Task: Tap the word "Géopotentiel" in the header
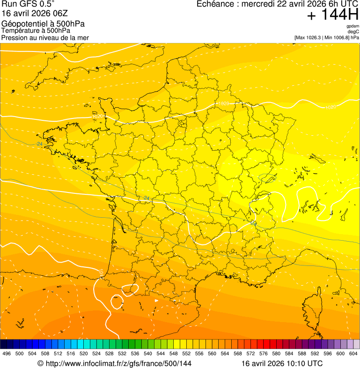[x=23, y=24]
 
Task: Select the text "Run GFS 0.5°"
[x=28, y=5]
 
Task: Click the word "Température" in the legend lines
[x=20, y=31]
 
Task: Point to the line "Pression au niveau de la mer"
[x=45, y=37]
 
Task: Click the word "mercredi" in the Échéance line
[x=259, y=4]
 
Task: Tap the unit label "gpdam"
[x=353, y=26]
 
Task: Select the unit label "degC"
[x=353, y=31]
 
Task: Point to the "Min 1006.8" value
[x=336, y=37]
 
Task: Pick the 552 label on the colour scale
[x=187, y=353]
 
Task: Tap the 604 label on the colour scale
[x=353, y=353]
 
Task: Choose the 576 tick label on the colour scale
[x=264, y=353]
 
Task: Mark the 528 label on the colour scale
[x=110, y=353]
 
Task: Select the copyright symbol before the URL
[x=40, y=363]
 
